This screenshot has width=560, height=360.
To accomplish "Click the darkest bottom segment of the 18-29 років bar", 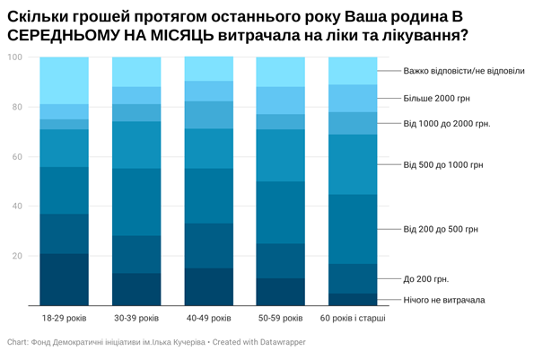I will [65, 279].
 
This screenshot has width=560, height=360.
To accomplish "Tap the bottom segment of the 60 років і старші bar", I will [353, 299].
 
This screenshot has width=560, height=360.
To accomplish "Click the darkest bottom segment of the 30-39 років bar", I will [136, 289].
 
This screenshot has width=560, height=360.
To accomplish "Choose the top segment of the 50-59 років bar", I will [281, 72].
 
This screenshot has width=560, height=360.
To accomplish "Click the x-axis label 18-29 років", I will [65, 319].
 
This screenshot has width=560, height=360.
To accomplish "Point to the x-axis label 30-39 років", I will [136, 319].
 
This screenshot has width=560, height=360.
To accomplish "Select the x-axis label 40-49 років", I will [208, 319].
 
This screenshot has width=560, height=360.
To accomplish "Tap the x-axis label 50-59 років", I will [281, 319].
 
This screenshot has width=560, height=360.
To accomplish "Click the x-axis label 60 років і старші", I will [353, 319].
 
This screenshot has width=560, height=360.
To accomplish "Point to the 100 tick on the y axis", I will [14, 57].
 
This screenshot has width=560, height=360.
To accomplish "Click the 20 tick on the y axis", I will [16, 256].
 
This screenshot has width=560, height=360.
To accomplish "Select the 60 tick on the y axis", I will [16, 157].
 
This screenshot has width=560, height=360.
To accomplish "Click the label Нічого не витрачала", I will [443, 300].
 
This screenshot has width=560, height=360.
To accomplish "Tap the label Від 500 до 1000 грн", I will [443, 165].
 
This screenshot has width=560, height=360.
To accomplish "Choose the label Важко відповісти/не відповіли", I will [463, 71].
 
